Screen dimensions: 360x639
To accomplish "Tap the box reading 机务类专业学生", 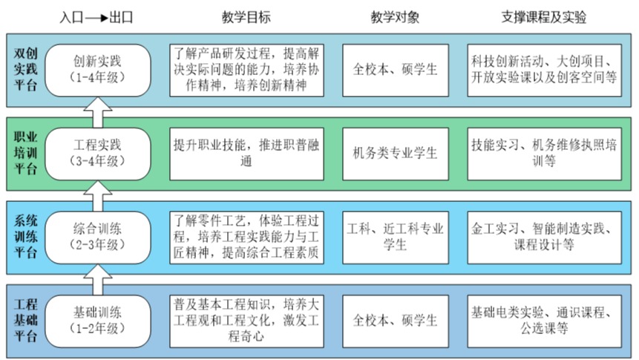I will [x=396, y=153].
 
